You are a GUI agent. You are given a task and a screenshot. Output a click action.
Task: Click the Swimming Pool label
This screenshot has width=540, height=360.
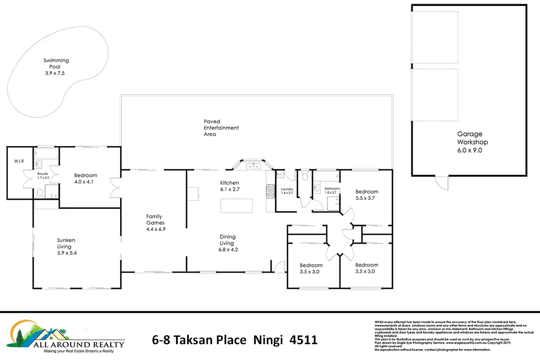coord(56,67)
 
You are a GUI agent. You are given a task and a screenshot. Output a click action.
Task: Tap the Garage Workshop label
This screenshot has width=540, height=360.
coord(472,142)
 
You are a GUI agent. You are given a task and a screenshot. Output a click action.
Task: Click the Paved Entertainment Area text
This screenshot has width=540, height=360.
coord(221,128)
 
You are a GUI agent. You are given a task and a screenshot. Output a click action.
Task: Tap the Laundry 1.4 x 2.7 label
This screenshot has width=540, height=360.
coord(287,191)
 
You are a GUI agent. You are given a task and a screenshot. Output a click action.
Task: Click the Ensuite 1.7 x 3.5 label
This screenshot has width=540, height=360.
coord(43,176)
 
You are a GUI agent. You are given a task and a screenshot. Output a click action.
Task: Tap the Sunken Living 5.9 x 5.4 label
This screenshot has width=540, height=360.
coord(66,246)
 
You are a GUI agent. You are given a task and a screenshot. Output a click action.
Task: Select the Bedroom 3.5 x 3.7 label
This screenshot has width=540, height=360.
coord(367,194)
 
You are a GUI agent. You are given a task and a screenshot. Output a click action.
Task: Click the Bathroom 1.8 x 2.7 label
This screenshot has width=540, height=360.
coord(332,190)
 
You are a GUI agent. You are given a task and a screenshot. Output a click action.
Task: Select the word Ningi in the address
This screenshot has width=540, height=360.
coord(268,340)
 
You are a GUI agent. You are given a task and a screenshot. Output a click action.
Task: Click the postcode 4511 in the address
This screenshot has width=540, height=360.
coord(304,340)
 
